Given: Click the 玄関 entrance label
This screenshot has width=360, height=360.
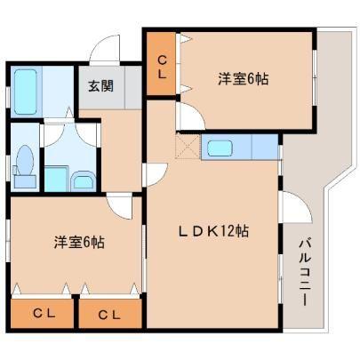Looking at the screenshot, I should click(97, 86).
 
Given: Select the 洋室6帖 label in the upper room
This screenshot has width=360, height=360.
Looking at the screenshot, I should click(243, 79).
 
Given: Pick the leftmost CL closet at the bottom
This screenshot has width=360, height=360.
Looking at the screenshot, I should click(41, 313).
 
